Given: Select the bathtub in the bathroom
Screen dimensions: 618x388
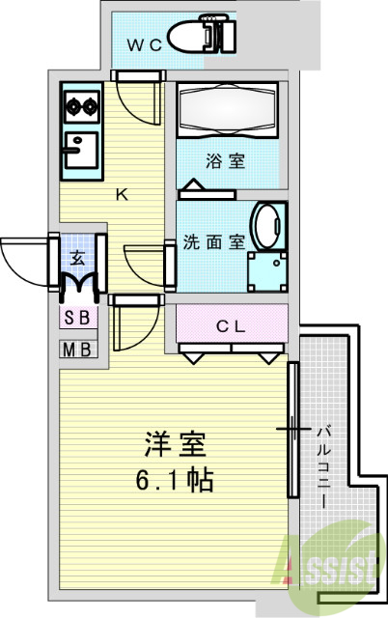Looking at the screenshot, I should (228, 111).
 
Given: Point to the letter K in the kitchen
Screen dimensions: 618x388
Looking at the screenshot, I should (122, 194).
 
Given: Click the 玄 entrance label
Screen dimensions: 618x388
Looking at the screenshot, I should (78, 258).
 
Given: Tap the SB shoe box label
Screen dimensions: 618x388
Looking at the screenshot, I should (77, 318).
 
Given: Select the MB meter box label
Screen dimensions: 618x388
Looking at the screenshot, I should (77, 350).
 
